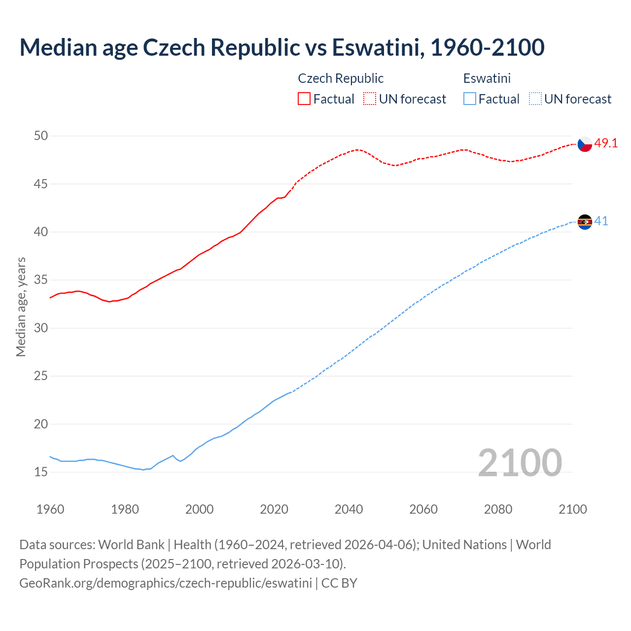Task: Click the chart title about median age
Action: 281,47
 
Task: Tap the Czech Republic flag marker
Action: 585,144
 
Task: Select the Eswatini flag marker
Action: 585,222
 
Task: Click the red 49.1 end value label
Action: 606,143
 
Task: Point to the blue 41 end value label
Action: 601,221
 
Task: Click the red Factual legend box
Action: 304,99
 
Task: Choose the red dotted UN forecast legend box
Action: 370,99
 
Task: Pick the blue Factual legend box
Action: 469,99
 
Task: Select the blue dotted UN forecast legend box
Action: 535,99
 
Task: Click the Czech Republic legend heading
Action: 341,78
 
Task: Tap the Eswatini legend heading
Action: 487,78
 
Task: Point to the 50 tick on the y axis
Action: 41,136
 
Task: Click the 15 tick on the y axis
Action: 41,472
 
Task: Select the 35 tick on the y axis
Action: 41,280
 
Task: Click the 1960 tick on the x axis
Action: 50,509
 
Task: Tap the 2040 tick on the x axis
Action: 349,509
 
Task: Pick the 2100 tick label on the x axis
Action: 572,509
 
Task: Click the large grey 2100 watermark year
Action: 520,463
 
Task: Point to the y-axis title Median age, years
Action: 21,307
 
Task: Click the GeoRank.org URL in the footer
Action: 166,583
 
